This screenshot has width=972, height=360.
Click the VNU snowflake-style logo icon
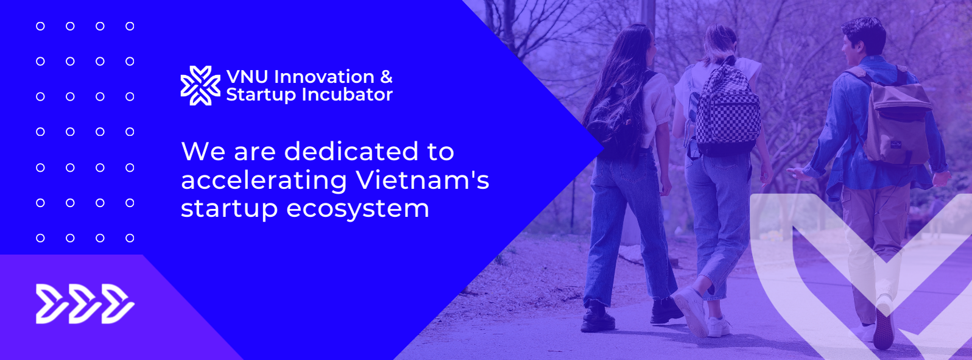coord(200,85)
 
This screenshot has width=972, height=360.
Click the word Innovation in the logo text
coord(324,77)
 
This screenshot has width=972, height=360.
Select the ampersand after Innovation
coord(386,77)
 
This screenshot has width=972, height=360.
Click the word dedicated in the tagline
coord(352,151)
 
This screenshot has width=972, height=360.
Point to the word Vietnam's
coord(422,180)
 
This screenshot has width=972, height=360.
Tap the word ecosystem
coord(357,210)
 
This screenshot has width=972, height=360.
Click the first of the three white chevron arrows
coord(51,304)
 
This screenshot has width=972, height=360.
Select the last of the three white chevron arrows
coord(118,304)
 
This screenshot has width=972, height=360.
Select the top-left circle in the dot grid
coord(40,26)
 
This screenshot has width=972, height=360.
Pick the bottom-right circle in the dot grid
coord(130,238)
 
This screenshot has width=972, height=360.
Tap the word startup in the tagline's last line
coord(229,210)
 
